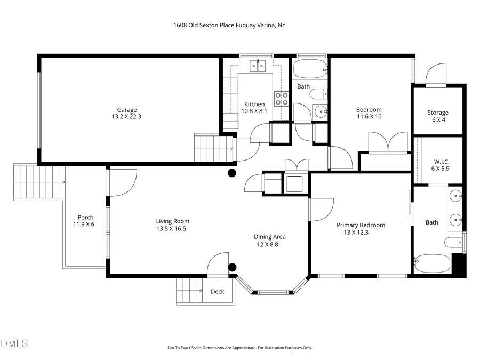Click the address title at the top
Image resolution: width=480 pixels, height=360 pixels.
coord(229,25)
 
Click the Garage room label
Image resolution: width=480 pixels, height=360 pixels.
coord(127,110)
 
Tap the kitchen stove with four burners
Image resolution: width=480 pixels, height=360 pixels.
coord(282,99)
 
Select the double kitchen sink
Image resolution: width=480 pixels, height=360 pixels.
coord(258,66)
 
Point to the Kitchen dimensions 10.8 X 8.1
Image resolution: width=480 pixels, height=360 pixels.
coord(254,111)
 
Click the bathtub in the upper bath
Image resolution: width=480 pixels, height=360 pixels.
coord(309,69)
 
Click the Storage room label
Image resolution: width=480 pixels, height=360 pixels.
coord(437,113)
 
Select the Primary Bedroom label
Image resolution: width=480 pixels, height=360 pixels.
coord(361,225)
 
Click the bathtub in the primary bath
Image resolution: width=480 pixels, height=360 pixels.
coord(433,263)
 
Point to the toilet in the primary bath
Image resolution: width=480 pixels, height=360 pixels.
coord(453,243)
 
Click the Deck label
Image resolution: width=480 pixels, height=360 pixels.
coord(217,292)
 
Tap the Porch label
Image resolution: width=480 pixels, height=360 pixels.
coord(85,217)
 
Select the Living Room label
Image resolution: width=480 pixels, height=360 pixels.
coord(172,221)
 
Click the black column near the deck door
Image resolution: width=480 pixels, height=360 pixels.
coord(232,267)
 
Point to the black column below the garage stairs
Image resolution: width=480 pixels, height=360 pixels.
coord(232,173)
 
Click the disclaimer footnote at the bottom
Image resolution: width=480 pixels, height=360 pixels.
coord(239,348)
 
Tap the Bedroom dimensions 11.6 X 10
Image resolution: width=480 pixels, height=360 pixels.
coord(369,116)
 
